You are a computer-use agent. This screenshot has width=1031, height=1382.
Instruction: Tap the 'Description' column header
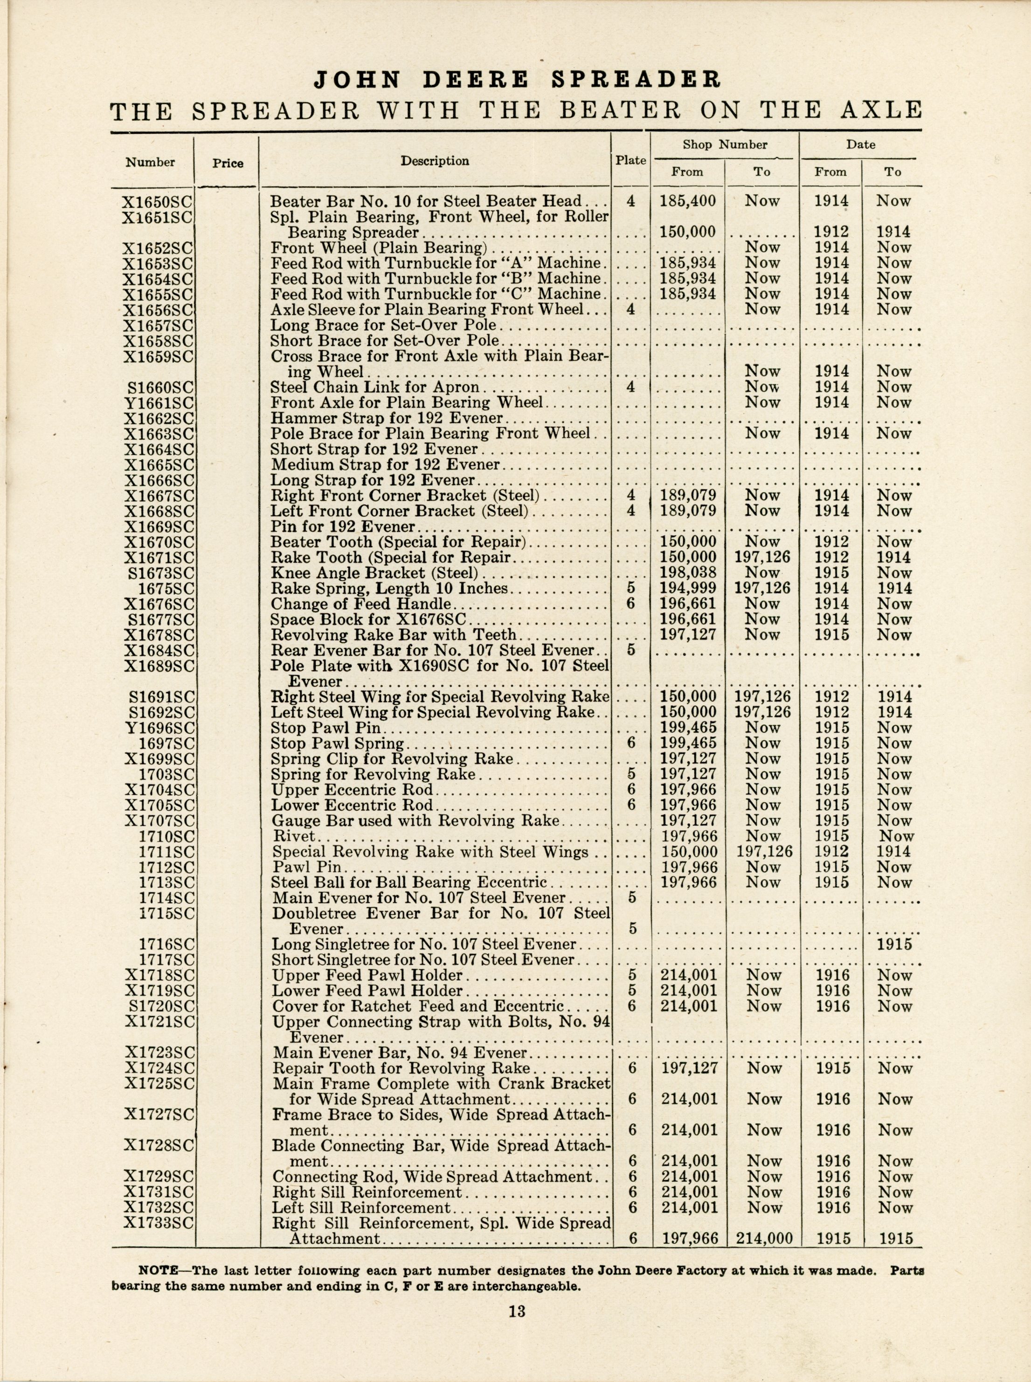point(435,161)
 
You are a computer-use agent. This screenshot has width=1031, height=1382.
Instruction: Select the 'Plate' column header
point(630,160)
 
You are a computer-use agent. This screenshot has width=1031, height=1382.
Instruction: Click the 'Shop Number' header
point(725,145)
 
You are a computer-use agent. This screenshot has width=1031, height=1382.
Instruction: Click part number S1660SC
point(160,387)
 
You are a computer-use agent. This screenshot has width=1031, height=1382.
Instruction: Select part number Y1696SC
point(159,728)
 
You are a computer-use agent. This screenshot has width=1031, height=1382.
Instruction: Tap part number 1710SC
point(166,836)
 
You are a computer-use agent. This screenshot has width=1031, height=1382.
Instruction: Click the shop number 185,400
point(688,202)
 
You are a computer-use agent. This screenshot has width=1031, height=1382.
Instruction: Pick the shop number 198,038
point(688,573)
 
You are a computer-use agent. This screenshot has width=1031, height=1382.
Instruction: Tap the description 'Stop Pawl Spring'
point(337,744)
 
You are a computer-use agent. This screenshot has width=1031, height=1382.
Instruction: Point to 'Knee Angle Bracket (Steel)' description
point(374,573)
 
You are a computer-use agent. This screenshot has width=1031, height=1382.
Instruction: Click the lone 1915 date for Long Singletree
point(894,945)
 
